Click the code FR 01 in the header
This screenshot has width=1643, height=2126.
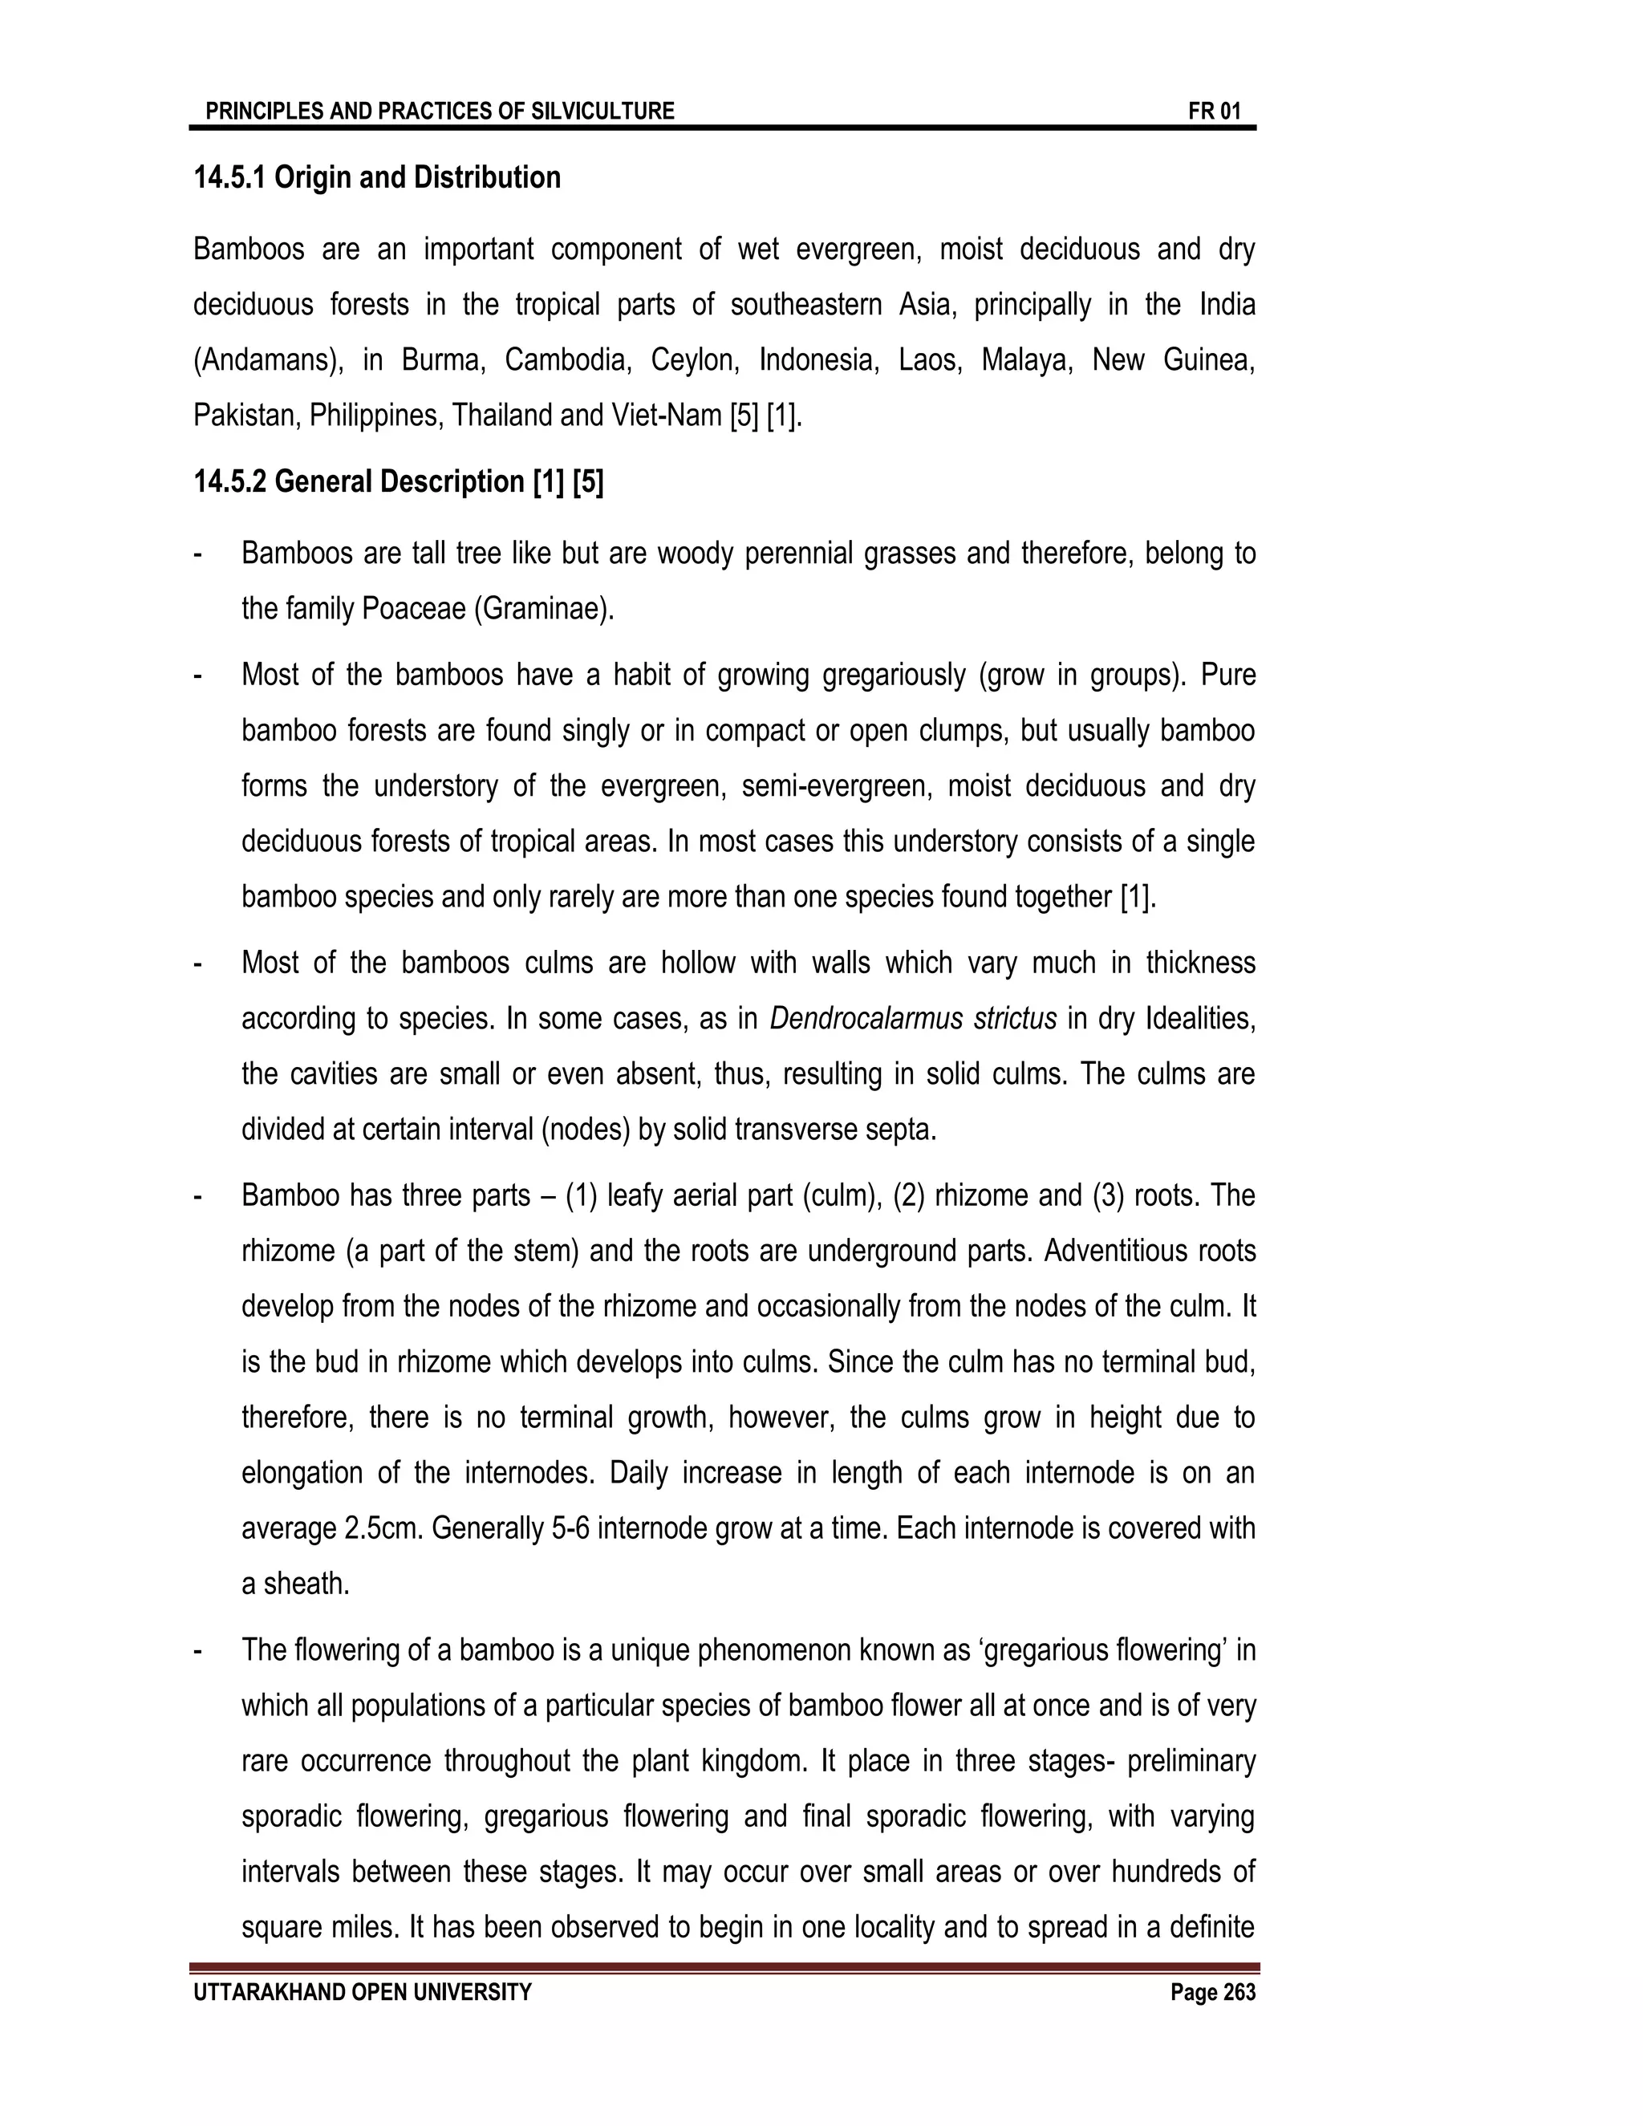[1214, 111]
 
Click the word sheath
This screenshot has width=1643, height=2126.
[306, 1584]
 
